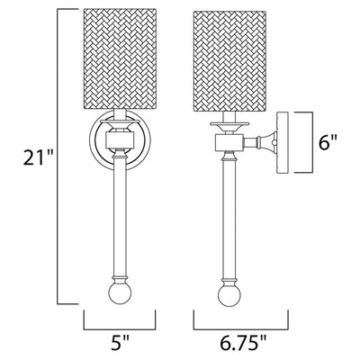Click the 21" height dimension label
coord(38,157)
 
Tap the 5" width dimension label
coord(120,343)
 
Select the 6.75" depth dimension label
coord(241,343)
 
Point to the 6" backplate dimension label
coord(328,142)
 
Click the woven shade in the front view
coord(120,58)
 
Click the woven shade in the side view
coord(229,62)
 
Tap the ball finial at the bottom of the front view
coord(120,292)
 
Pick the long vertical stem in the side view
coord(229,217)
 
